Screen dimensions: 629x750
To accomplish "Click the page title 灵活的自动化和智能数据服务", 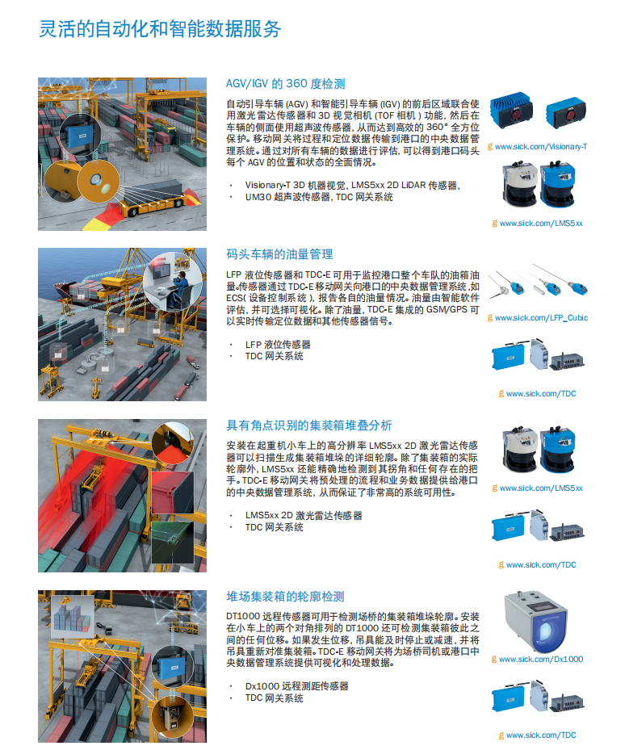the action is [x=160, y=29].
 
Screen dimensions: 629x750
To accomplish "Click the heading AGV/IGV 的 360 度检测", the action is [x=286, y=84].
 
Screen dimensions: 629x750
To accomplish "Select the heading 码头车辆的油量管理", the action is [x=279, y=254].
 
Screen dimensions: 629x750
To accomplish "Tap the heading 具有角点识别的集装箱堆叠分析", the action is [x=309, y=425].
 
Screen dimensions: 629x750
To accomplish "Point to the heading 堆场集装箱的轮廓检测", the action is [x=285, y=597].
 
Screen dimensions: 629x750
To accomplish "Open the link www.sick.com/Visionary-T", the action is [x=541, y=147].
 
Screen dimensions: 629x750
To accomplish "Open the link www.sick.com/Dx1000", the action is [x=541, y=659].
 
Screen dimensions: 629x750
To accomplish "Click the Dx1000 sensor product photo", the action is [x=535, y=622].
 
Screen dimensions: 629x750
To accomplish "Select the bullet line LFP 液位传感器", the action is [x=278, y=345].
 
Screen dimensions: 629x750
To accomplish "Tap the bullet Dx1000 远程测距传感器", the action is [x=296, y=686].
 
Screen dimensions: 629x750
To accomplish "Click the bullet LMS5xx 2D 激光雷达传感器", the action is [x=304, y=515].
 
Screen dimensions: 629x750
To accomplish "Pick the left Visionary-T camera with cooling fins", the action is [x=511, y=111].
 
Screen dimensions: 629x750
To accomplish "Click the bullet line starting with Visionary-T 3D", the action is [x=353, y=185].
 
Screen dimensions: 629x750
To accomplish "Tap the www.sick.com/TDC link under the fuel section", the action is [x=541, y=394].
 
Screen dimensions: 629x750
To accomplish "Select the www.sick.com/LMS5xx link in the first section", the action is [x=541, y=224].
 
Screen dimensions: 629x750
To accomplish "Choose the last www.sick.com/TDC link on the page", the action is [x=541, y=735].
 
